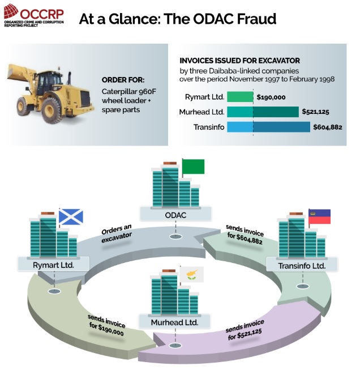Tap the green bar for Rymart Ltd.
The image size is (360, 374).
240,97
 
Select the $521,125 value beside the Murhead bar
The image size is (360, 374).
315,112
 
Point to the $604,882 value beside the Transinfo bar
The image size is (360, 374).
328,127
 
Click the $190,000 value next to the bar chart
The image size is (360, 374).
271,97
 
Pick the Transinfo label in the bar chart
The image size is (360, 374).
209,127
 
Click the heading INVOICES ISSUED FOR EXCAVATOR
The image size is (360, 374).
239,61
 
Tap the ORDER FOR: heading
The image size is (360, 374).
123,80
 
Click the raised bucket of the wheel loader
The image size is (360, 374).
19,72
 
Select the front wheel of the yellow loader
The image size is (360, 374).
52,110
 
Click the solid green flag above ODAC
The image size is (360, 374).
193,166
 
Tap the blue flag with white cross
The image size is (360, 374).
71,217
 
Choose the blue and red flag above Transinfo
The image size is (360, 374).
319,216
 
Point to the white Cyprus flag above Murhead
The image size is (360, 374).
192,274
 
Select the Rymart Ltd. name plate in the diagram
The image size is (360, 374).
53,264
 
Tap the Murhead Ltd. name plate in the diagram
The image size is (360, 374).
175,322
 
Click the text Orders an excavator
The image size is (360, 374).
117,233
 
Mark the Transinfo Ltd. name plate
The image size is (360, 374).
302,265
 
